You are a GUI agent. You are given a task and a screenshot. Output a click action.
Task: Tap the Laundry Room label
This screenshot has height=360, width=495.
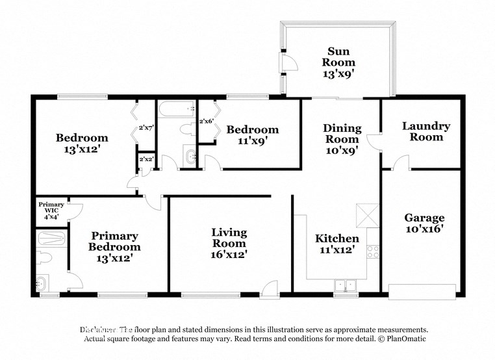coord(425,131)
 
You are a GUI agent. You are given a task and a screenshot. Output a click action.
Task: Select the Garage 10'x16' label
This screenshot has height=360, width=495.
coord(424,224)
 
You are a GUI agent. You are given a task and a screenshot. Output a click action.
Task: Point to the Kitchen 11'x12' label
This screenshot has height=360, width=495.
coord(336,244)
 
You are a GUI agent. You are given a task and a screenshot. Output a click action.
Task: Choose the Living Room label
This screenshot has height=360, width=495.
coord(229,243)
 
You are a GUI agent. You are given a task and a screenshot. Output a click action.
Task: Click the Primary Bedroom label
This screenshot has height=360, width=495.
coord(116,241)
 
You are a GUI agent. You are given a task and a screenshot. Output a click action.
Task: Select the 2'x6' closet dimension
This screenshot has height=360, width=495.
coord(207,122)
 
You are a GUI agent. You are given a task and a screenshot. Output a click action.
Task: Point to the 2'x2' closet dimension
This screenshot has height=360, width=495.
coord(145,159)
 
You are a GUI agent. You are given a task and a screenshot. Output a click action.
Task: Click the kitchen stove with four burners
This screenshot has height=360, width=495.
coord(373,251)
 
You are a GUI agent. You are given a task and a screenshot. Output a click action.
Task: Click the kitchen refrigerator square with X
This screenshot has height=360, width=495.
coord(366,214)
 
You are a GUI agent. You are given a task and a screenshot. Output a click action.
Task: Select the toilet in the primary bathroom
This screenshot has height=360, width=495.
coord(44,258)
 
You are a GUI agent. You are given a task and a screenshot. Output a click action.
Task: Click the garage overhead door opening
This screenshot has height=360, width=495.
coord(422,290)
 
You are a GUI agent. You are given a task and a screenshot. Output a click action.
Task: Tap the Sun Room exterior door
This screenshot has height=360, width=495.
coord(286,62)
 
